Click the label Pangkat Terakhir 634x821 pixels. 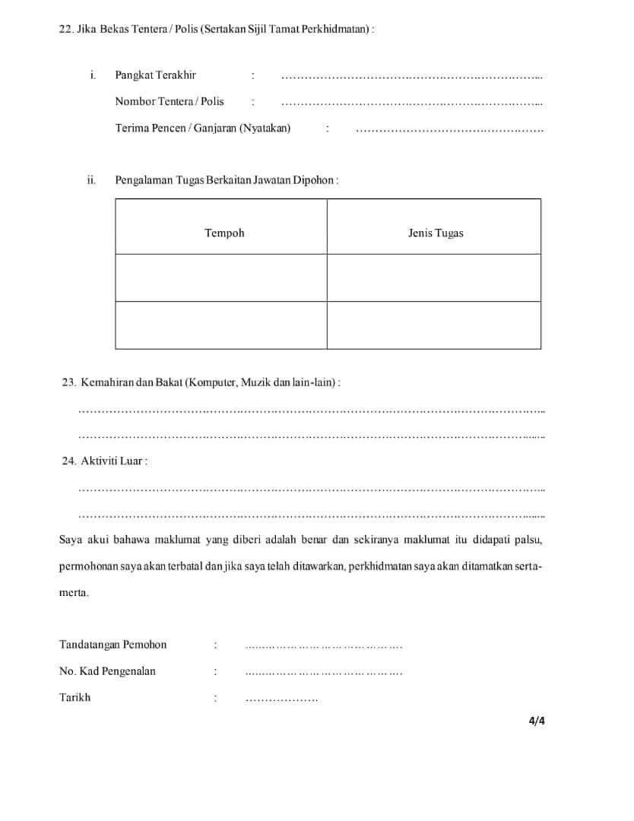coord(155,75)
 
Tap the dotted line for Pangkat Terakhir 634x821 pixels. coord(411,77)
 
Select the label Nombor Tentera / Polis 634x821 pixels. coord(170,101)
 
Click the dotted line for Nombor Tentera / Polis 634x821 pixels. coord(411,103)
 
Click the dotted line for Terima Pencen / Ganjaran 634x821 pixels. coord(449,130)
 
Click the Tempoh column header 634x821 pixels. coord(224,233)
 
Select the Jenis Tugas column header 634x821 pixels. coord(436,233)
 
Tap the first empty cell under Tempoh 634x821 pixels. coord(221,277)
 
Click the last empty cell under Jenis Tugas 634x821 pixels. coord(434,325)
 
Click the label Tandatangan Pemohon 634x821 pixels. coord(113,645)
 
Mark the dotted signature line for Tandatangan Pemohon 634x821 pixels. coord(324,647)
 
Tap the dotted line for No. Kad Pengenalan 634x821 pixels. coord(324,674)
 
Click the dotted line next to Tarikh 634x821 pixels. coord(281,699)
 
